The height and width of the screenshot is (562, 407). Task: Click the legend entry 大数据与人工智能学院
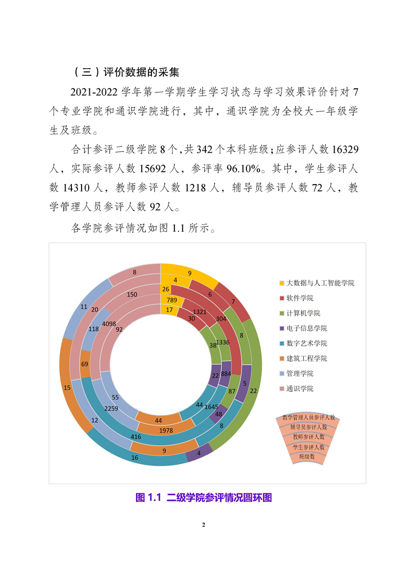(320, 283)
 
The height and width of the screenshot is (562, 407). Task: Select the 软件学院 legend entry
(300, 298)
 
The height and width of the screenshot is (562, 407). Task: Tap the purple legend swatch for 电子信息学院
(282, 328)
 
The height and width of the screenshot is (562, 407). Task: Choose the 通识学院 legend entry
(300, 389)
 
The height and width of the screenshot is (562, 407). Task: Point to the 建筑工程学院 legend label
(306, 358)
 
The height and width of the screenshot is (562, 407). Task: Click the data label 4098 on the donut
(109, 323)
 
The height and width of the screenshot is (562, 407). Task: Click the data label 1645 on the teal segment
(211, 407)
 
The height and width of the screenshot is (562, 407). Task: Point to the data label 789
(172, 299)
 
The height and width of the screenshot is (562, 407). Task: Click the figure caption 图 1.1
(148, 497)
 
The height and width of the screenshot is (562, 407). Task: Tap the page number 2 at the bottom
(204, 525)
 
